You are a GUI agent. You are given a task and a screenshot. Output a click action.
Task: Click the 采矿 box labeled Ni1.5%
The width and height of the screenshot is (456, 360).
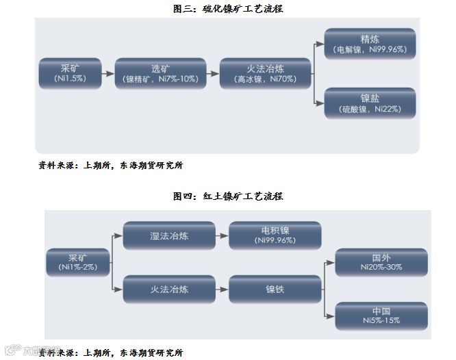71,73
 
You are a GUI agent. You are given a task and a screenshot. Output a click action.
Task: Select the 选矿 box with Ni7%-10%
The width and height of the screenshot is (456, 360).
160,73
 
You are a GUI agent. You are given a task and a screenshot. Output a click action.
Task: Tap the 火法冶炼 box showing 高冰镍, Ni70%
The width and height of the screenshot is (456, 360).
265,73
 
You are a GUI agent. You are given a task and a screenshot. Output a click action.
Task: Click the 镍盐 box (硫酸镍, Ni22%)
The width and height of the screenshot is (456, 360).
369,103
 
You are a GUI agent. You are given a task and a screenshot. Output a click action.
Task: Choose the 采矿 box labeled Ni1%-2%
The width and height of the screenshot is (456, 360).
79,262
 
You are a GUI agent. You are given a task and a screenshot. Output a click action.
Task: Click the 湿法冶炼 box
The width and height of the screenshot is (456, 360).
169,235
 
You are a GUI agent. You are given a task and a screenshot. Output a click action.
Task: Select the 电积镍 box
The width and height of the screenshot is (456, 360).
275,235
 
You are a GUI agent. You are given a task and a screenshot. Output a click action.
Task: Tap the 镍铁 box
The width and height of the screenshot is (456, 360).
275,289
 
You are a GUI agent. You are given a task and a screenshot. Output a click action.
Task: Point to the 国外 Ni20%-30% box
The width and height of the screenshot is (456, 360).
381,262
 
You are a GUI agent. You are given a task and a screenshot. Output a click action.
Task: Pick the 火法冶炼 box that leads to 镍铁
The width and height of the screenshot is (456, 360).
169,289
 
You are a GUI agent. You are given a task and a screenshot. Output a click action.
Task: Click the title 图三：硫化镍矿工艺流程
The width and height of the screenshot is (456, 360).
228,9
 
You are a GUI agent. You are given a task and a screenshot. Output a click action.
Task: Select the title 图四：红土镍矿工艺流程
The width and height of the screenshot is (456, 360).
228,196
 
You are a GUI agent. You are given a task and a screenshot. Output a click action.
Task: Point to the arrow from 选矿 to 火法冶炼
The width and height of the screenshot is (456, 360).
212,73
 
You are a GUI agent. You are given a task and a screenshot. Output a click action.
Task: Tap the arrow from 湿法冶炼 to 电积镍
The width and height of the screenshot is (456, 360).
222,235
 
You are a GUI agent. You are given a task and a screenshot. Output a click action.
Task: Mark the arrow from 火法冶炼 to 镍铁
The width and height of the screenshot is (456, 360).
222,289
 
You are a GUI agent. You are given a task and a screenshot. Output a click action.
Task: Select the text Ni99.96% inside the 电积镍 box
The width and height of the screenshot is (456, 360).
275,241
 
